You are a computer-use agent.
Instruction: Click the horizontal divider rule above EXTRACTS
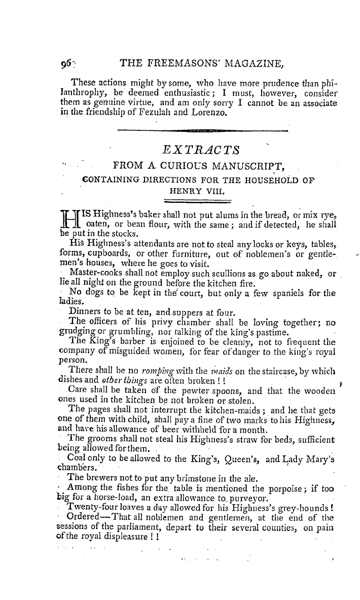click(202, 131)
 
